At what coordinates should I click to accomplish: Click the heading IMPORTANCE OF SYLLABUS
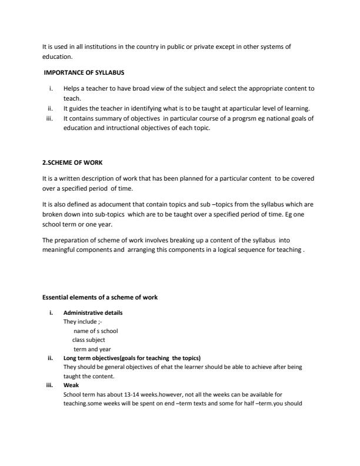(x=84, y=72)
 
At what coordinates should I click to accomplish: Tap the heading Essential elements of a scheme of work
(x=100, y=297)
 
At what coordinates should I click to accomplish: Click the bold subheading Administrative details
(x=93, y=312)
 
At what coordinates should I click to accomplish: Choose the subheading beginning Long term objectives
(x=132, y=358)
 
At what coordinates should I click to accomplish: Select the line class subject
(x=89, y=339)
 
